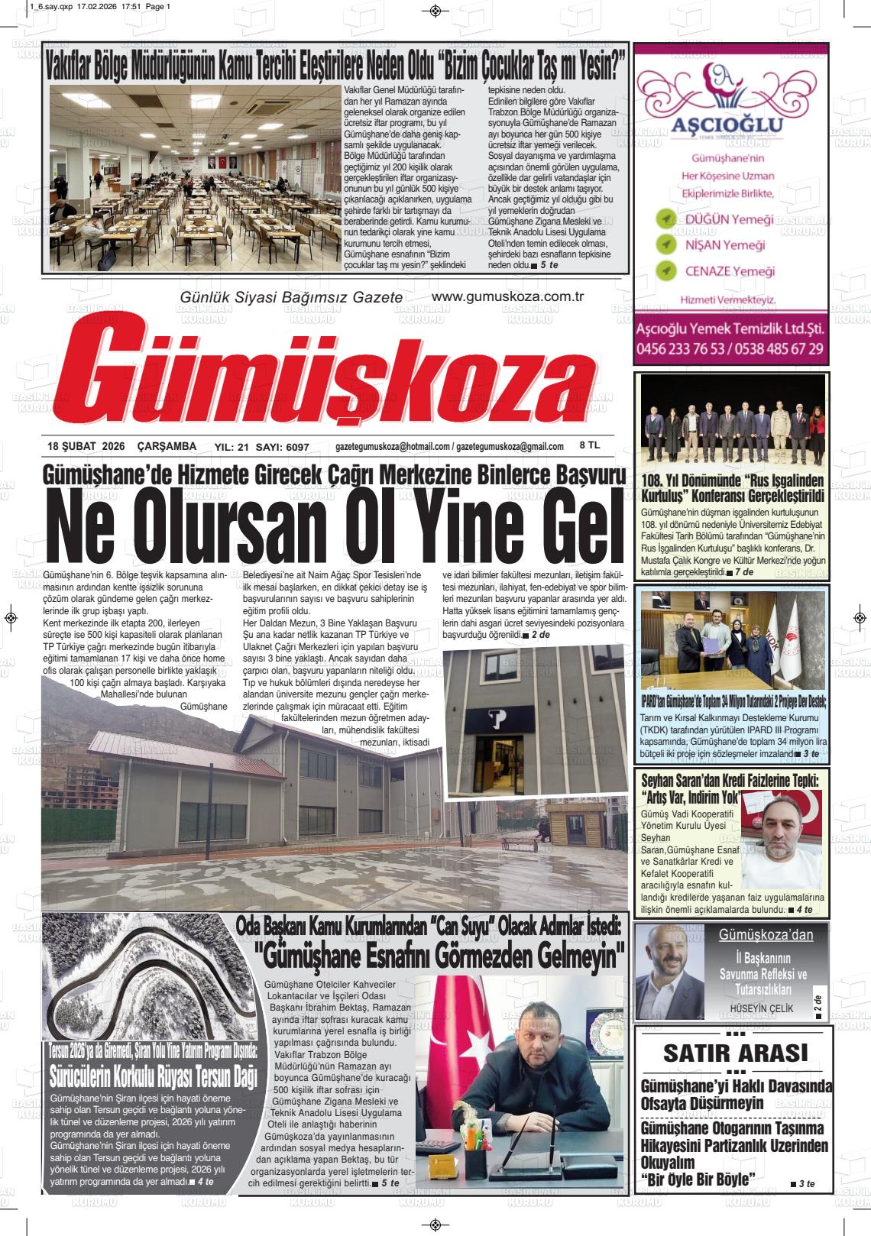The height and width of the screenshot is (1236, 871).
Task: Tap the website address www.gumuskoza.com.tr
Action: pyautogui.click(x=507, y=296)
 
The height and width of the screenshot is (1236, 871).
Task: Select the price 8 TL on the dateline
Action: pyautogui.click(x=590, y=445)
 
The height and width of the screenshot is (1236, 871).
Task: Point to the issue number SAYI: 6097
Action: pyautogui.click(x=283, y=447)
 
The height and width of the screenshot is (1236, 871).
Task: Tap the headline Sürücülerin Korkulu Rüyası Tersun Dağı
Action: pyautogui.click(x=153, y=1076)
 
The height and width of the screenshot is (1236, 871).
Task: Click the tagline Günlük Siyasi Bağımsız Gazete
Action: pyautogui.click(x=290, y=297)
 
